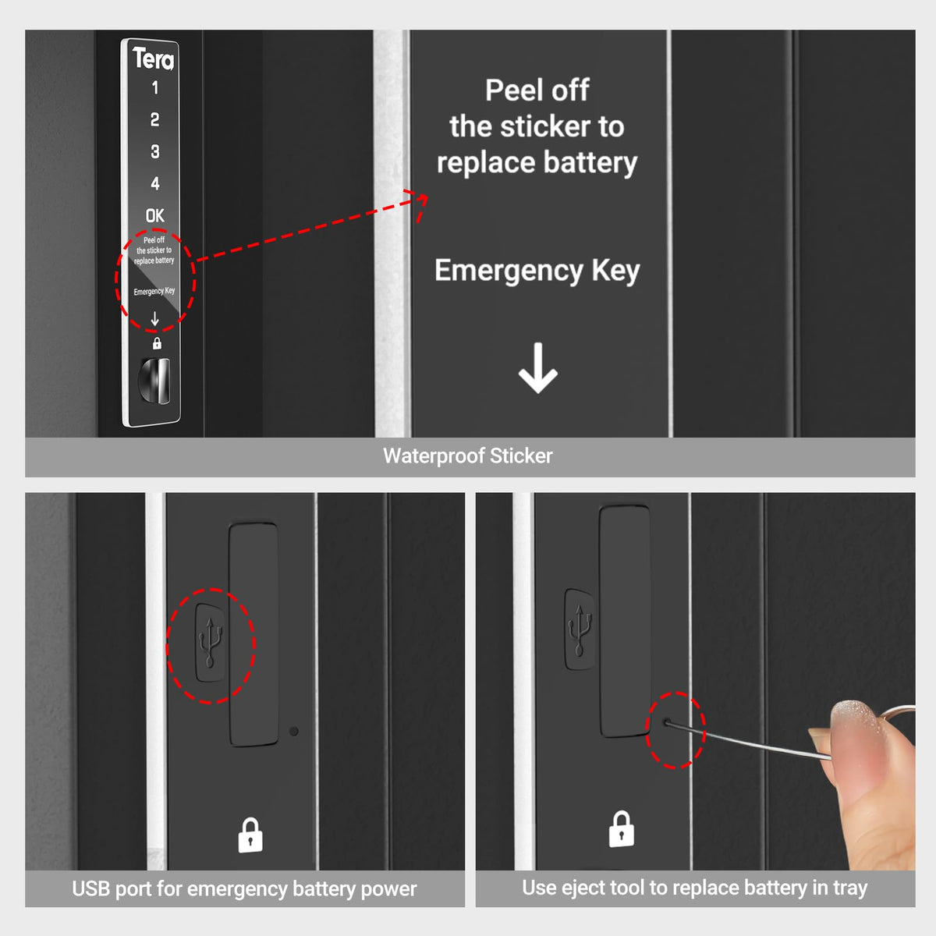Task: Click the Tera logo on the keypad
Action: pyautogui.click(x=153, y=58)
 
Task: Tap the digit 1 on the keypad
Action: pyautogui.click(x=154, y=87)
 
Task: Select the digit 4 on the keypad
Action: pyautogui.click(x=154, y=183)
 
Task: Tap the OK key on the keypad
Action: pyautogui.click(x=154, y=215)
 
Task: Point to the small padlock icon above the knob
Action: pyautogui.click(x=157, y=343)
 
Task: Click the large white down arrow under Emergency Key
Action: pyautogui.click(x=537, y=368)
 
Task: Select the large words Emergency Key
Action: pyautogui.click(x=537, y=271)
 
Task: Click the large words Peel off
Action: pyautogui.click(x=537, y=90)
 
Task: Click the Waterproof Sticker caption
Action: pyautogui.click(x=467, y=456)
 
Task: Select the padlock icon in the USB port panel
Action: pyautogui.click(x=250, y=835)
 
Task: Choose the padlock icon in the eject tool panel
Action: pyautogui.click(x=622, y=829)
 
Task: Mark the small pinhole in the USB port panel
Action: pyautogui.click(x=293, y=732)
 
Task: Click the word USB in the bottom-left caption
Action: pyautogui.click(x=91, y=889)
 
